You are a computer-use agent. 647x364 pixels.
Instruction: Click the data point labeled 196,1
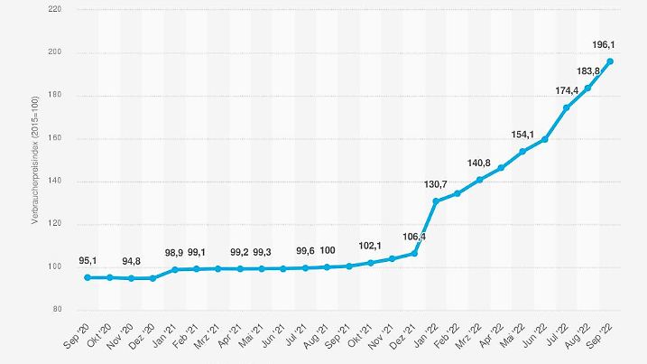click(610, 61)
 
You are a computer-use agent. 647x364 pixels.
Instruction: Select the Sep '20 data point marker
click(88, 277)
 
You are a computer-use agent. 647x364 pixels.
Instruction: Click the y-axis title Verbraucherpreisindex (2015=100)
click(34, 159)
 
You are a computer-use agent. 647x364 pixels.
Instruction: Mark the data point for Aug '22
click(588, 88)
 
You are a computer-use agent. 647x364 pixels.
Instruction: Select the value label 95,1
click(88, 260)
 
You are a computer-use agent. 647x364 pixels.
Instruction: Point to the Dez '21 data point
click(414, 253)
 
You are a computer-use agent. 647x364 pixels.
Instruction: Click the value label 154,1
click(523, 135)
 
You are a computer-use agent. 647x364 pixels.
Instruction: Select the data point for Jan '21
click(174, 269)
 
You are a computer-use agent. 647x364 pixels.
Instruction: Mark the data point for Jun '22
click(545, 139)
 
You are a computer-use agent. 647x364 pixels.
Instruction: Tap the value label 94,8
click(131, 261)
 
